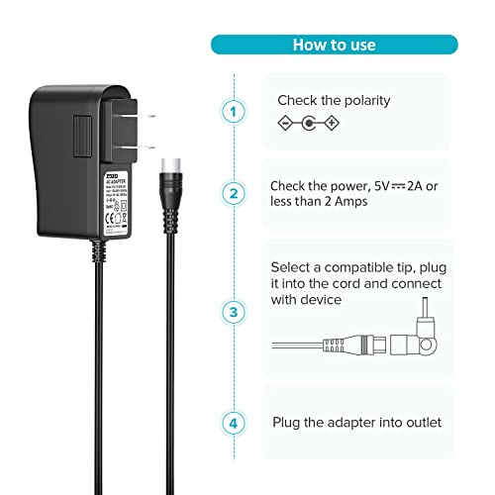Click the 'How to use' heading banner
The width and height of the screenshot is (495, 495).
pos(334,45)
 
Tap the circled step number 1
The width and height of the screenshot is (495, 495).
pos(234,113)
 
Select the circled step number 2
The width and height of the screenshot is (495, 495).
pos(234,193)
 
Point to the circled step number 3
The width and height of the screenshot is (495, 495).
pos(234,313)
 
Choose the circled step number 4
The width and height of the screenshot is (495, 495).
pos(234,422)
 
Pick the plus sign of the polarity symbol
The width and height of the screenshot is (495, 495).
pos(332,124)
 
